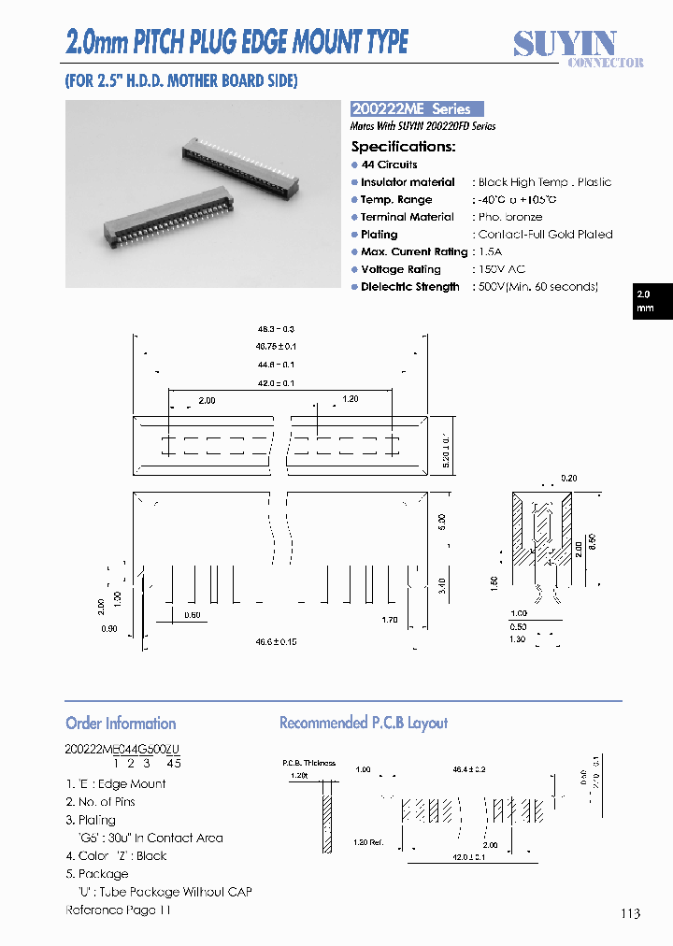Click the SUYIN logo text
(565, 44)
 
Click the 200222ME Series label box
(416, 108)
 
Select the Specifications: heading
(403, 147)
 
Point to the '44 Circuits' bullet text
(389, 165)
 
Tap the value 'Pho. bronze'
(509, 217)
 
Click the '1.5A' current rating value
(490, 252)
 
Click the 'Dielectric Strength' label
(409, 287)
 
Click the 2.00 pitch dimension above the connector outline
(207, 400)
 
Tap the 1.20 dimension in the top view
(350, 399)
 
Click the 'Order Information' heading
(121, 723)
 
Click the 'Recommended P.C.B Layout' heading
(364, 723)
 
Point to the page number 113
(629, 913)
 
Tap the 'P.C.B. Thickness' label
(308, 763)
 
